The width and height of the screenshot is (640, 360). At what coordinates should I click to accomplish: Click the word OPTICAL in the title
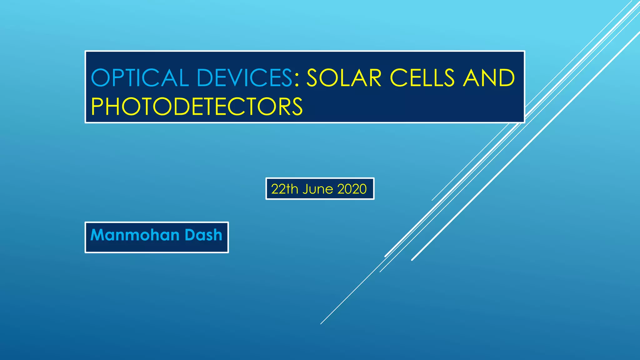pos(140,78)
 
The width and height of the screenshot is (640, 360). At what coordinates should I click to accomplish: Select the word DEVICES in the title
pos(244,78)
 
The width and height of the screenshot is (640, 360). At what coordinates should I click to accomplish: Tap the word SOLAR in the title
pos(344,78)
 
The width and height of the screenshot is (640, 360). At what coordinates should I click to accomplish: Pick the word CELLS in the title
pos(422,78)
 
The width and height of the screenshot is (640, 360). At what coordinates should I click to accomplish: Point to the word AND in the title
pos(489,78)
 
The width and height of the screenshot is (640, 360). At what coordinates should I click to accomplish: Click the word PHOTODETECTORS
pos(197,107)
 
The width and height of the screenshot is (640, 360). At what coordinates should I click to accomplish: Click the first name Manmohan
pos(135,235)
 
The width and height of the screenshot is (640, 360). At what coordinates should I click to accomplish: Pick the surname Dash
pos(203,235)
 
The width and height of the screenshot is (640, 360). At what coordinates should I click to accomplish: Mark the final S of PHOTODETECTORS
pos(296,107)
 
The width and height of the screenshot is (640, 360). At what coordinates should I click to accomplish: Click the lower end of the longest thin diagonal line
pos(321,323)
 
